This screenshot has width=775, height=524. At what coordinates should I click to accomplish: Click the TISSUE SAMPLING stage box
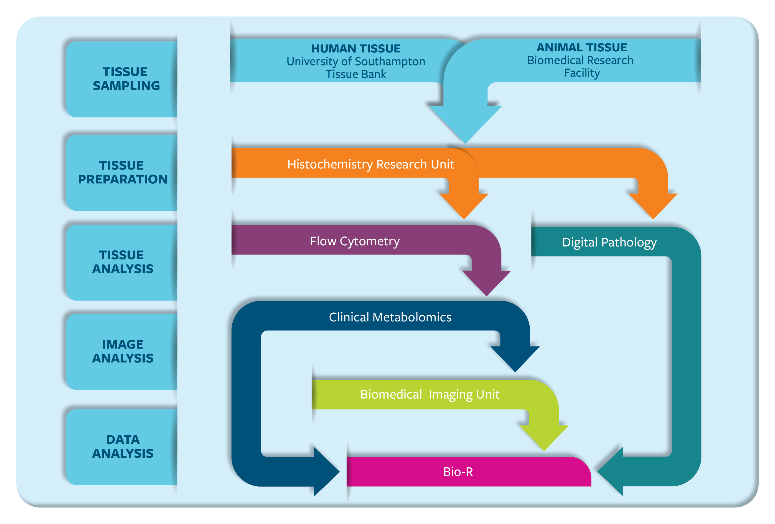coord(123,79)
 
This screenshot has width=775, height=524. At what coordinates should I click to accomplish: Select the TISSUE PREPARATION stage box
coord(123,172)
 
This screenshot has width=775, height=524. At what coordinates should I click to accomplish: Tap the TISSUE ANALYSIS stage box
coord(123,262)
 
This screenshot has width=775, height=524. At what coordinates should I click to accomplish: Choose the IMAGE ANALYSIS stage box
coord(123,351)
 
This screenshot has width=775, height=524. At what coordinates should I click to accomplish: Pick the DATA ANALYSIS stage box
coord(123,447)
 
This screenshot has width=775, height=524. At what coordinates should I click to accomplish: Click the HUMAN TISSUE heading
coord(355,49)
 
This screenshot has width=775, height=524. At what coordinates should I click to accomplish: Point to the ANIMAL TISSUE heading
coord(581,47)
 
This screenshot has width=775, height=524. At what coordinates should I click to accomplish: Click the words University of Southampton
coord(355,61)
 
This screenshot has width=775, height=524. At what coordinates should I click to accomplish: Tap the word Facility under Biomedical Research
coord(581,73)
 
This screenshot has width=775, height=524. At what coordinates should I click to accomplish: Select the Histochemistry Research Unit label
coord(370,164)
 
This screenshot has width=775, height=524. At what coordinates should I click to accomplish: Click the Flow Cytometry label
coord(354,241)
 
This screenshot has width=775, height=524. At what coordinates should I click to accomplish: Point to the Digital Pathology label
coord(609,242)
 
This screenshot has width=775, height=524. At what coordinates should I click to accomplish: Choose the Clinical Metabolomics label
coord(390,317)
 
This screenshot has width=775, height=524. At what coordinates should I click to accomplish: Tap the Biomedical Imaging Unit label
coord(430,394)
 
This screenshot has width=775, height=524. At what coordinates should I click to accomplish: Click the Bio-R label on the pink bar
coord(458,472)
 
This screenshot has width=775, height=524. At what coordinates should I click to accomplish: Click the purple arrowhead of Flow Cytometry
coord(487,282)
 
